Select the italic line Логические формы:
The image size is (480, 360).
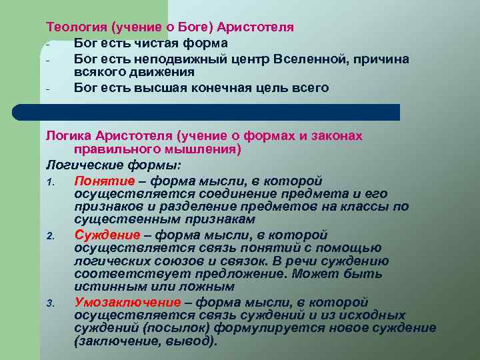coord(113,165)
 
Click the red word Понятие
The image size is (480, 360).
coord(107,181)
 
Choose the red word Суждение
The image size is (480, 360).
coord(107,235)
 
